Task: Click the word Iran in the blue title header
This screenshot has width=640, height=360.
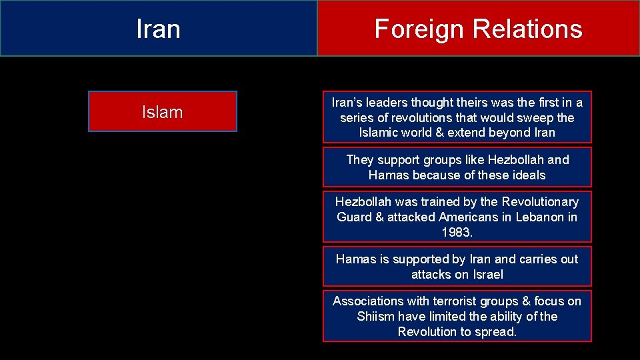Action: tap(158, 29)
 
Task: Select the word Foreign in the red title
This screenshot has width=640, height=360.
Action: tap(419, 29)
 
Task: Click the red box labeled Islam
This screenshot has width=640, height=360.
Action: tap(162, 112)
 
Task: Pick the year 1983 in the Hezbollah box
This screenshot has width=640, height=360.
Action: tap(457, 233)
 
